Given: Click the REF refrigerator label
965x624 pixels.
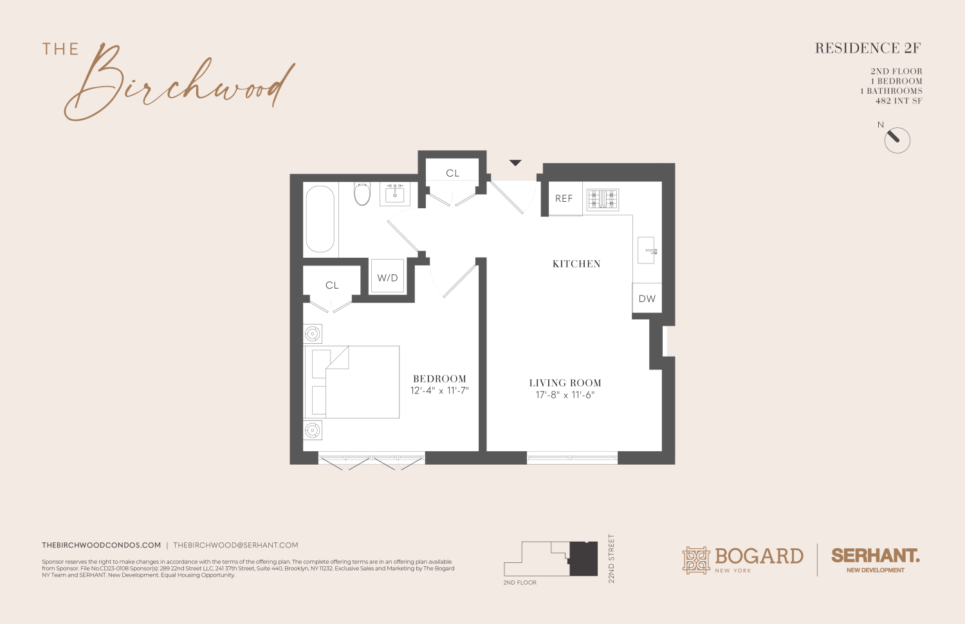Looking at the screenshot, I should click(x=564, y=199).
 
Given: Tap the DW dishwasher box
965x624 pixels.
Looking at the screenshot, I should click(x=647, y=299).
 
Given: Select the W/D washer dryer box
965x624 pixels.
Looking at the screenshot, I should click(x=387, y=278).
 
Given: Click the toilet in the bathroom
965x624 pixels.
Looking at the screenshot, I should click(x=362, y=192).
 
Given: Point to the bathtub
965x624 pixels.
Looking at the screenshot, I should click(x=320, y=218).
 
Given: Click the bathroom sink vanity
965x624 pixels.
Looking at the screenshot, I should click(x=394, y=193).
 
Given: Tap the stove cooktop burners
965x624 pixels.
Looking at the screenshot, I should click(x=602, y=199).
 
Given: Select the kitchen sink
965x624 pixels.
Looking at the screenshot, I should click(x=647, y=251).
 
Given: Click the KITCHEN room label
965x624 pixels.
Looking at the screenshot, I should click(x=576, y=264).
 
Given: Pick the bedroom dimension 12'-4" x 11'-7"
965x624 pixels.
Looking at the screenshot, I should click(x=439, y=391).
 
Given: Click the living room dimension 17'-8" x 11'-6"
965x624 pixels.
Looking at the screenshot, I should click(x=565, y=395).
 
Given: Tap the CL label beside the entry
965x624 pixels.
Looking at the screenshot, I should click(x=453, y=174).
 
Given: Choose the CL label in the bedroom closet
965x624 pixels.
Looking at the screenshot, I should click(x=332, y=285).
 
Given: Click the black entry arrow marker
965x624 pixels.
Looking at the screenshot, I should click(x=515, y=163).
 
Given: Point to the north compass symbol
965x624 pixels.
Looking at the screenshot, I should click(x=897, y=140).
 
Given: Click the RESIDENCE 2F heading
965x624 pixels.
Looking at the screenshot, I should click(x=868, y=48).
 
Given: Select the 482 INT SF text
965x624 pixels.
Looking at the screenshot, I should click(x=899, y=101).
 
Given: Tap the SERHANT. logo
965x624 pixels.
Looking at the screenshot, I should click(x=875, y=556).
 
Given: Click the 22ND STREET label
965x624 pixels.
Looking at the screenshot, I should click(x=612, y=558).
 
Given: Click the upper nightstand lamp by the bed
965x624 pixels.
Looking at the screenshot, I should click(x=313, y=334).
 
